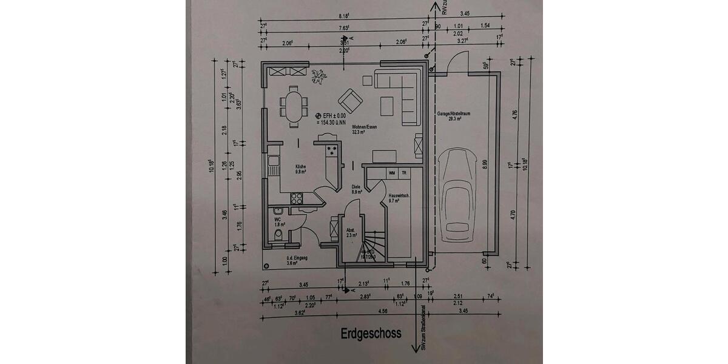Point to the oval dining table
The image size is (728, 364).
[294, 106]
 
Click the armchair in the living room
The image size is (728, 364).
[350, 99]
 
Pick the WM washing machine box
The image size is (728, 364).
[392, 174]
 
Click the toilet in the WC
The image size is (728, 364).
[278, 235]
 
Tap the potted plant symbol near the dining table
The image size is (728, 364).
[318, 76]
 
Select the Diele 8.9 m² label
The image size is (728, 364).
[357, 189]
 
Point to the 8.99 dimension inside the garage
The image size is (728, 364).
[484, 164]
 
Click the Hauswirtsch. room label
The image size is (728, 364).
[397, 196]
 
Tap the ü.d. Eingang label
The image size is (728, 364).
[297, 260]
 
